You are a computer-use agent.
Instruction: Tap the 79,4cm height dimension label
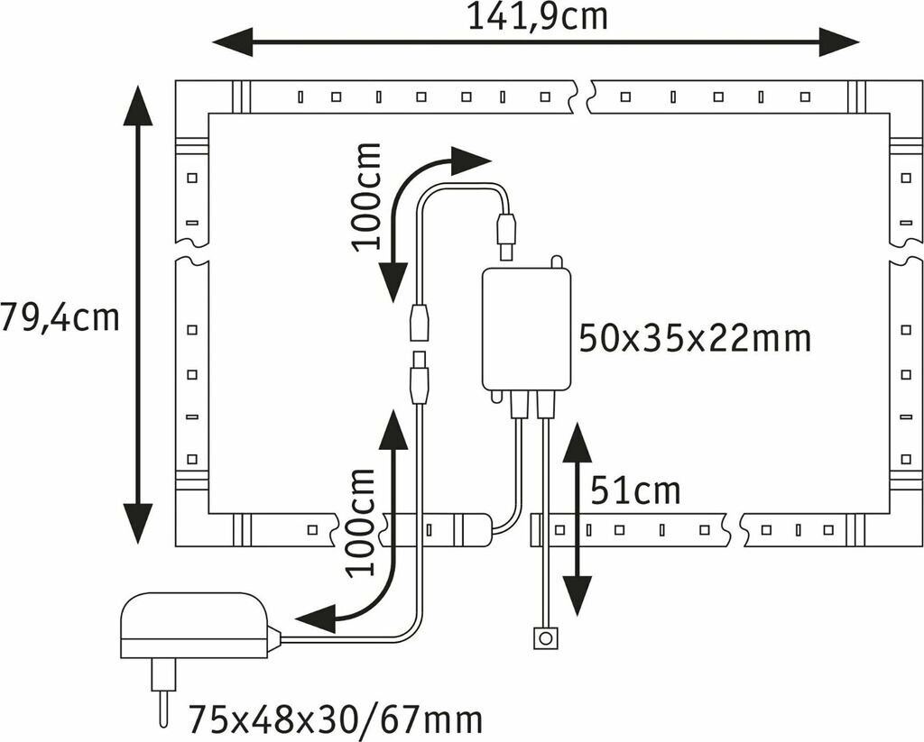[x=60, y=317]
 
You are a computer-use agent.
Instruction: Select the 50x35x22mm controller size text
[x=695, y=339]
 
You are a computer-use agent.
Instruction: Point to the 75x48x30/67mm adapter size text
[x=335, y=720]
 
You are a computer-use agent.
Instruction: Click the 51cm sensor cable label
[x=635, y=491]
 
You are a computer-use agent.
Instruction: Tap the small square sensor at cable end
[x=543, y=639]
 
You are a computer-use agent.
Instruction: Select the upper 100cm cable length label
[x=367, y=197]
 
